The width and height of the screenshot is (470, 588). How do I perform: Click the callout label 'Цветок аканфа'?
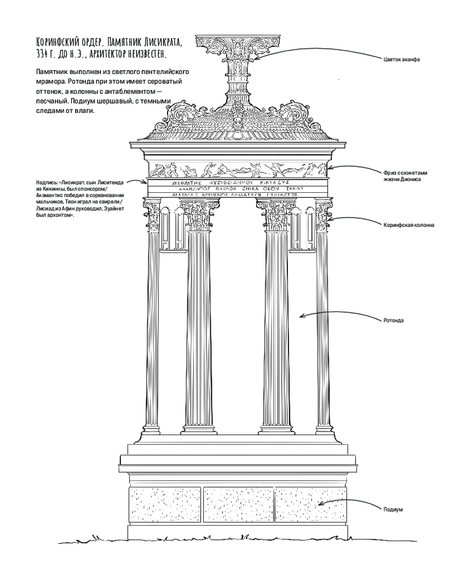pos(401,59)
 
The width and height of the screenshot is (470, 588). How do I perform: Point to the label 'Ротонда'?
pos(394,321)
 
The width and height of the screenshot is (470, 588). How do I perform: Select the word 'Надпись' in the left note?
pos(47,183)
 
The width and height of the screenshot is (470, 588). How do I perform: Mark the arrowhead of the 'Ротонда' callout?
pos(300,316)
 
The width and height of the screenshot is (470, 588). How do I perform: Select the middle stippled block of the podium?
pos(237,504)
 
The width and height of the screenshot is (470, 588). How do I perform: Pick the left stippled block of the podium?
pos(164,504)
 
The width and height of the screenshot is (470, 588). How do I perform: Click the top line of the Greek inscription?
pos(235,183)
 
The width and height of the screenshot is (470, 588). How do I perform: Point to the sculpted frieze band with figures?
pos(235,170)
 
